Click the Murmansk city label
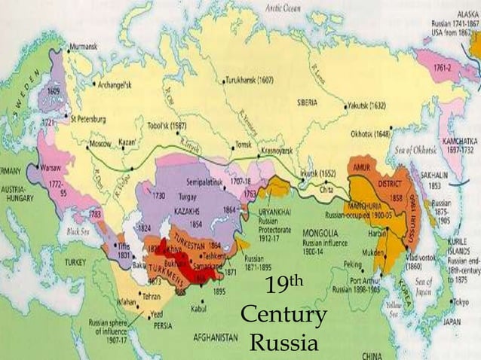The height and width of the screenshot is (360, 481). tap(82, 47)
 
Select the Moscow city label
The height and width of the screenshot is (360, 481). tap(100, 143)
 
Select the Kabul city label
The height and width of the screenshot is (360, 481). tap(198, 307)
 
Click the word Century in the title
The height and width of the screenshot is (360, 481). tap(283, 316)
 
